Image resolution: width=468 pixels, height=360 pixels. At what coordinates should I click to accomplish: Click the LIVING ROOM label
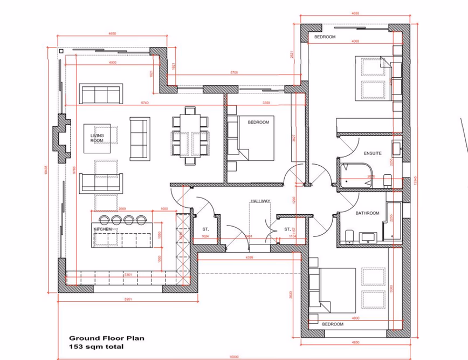click(97, 138)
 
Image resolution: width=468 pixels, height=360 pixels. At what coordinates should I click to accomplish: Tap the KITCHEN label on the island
click(103, 229)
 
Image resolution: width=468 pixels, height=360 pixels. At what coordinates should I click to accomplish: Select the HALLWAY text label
click(260, 201)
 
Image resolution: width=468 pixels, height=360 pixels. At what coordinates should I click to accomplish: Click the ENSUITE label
click(373, 153)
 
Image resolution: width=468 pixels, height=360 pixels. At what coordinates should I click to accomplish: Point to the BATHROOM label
click(367, 213)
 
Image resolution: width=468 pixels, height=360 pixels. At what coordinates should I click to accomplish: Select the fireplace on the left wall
click(62, 138)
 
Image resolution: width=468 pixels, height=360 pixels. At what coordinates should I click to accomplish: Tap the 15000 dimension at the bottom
click(233, 356)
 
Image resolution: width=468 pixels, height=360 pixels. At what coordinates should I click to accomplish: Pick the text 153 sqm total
click(97, 347)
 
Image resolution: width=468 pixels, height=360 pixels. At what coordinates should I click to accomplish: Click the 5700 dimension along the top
click(233, 72)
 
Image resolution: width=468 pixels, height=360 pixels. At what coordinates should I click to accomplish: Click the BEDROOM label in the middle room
click(258, 123)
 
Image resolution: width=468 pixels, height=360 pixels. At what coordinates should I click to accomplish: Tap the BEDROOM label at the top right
click(325, 37)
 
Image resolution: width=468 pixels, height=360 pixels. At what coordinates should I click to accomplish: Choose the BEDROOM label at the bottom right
click(333, 324)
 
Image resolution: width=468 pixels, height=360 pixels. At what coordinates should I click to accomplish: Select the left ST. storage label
click(205, 229)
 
